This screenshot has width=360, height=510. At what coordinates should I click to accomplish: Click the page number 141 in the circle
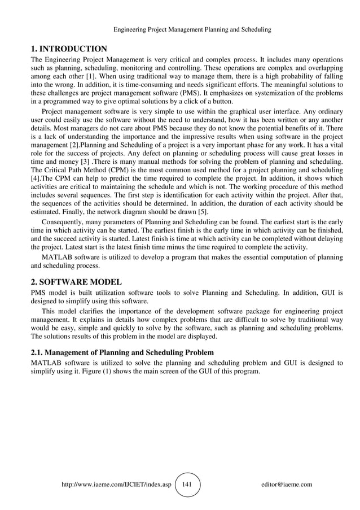coord(187,485)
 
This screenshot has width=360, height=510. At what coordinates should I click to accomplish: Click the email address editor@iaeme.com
coord(287,485)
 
